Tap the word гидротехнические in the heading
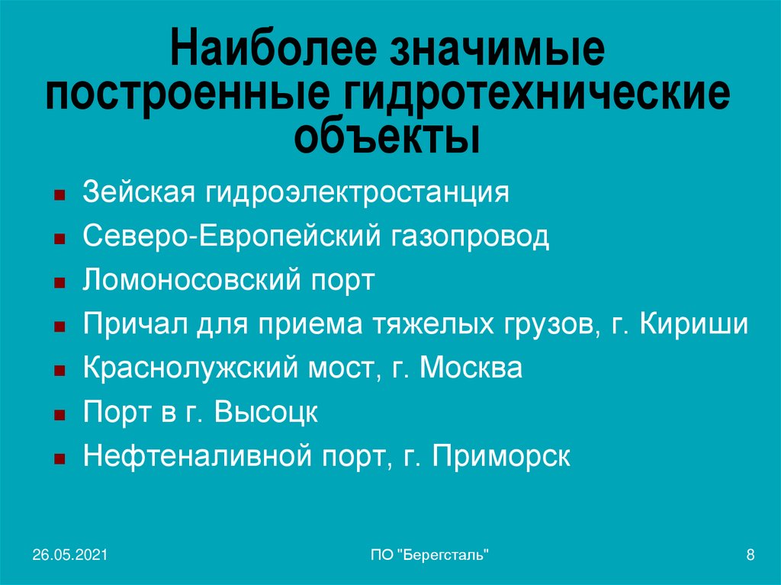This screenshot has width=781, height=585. (x=532, y=97)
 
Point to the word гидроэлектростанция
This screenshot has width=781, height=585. (x=356, y=191)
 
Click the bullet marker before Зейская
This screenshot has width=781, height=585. (x=59, y=195)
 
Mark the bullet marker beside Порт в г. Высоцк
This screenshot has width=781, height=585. (x=59, y=416)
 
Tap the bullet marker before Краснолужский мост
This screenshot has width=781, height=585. (x=59, y=372)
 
